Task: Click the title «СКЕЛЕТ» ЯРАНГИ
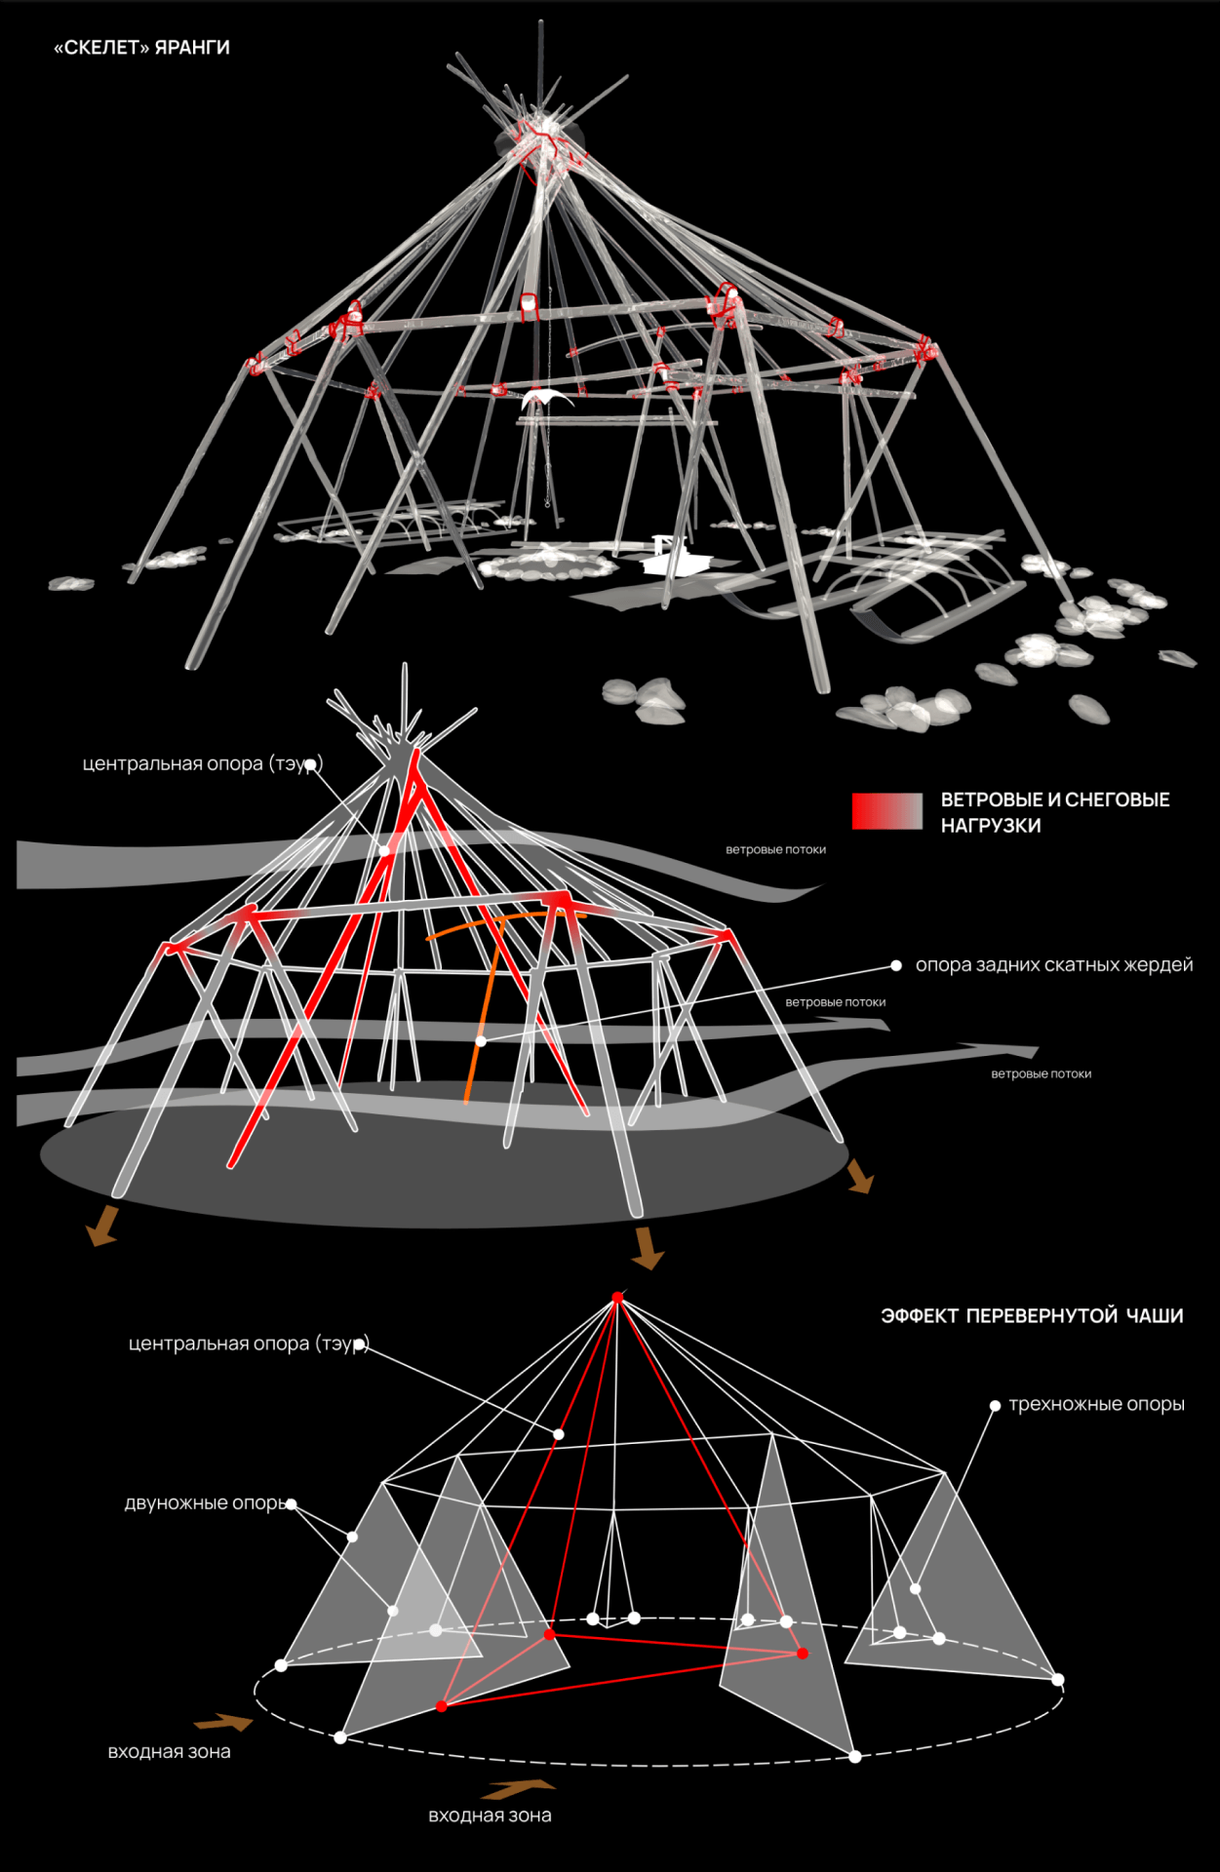click(x=141, y=48)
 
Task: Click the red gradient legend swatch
click(x=886, y=811)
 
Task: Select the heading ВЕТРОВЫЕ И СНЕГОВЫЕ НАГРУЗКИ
click(x=1054, y=812)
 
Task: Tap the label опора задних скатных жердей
click(x=1053, y=965)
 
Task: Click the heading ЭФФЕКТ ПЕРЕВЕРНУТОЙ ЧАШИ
click(x=1032, y=1316)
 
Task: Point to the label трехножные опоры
click(x=1096, y=1405)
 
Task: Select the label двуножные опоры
click(x=205, y=1503)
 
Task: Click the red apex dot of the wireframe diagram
click(x=617, y=1298)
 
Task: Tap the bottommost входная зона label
click(x=490, y=1815)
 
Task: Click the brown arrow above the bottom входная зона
click(x=517, y=1789)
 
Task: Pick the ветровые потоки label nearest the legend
click(x=775, y=850)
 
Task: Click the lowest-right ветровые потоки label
click(x=1041, y=1074)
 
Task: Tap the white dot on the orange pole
click(x=481, y=1041)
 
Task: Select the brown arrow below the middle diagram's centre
click(x=646, y=1248)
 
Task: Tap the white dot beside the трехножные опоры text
click(x=995, y=1406)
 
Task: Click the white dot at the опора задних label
click(x=896, y=966)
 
